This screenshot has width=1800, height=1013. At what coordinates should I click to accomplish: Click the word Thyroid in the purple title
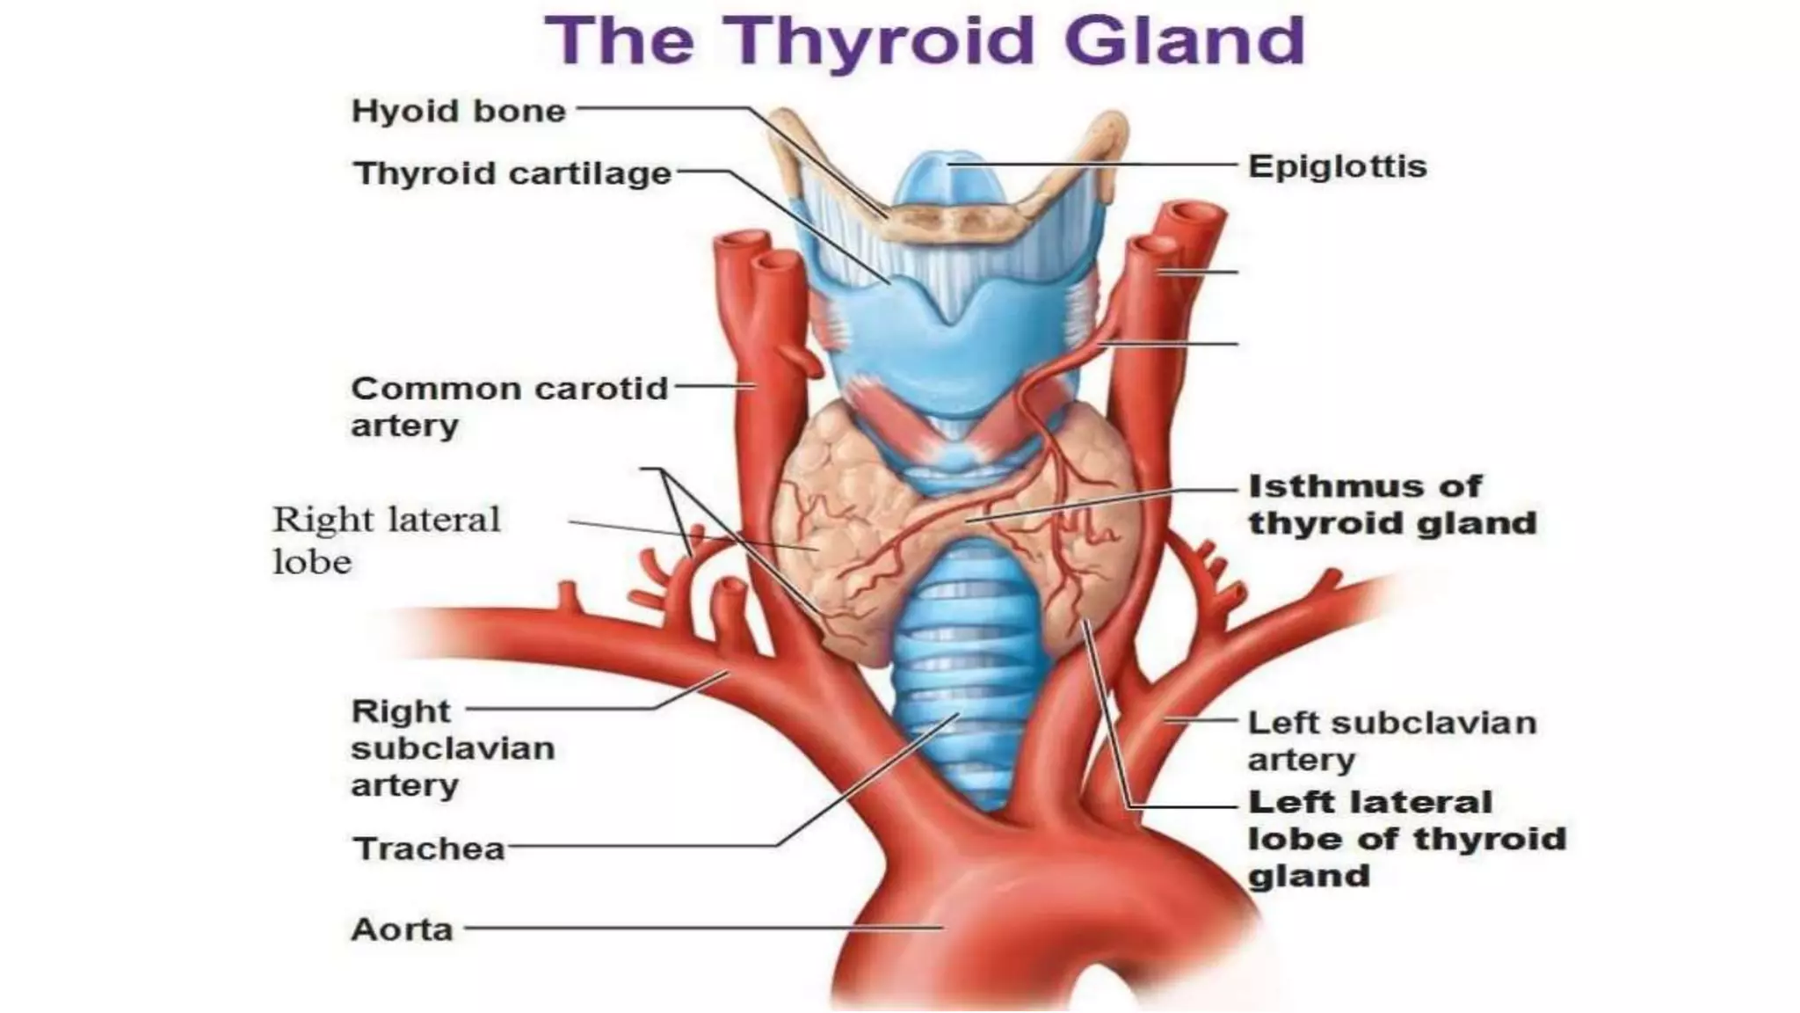click(883, 41)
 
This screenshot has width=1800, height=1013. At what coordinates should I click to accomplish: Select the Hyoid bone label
click(458, 112)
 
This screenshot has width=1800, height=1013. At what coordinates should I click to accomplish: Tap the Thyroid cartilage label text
click(512, 173)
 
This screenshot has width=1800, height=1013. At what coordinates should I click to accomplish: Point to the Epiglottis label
click(1337, 166)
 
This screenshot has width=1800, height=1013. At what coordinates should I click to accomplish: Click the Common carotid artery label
click(509, 406)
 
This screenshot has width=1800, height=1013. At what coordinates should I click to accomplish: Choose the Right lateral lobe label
click(386, 540)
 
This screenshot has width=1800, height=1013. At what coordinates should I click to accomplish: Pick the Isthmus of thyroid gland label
click(1391, 505)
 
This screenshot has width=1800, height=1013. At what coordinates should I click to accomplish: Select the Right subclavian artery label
click(453, 747)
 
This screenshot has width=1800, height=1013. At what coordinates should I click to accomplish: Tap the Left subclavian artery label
click(1391, 740)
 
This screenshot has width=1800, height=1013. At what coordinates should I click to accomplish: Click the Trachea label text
click(429, 849)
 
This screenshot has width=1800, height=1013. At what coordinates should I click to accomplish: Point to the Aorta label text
click(402, 929)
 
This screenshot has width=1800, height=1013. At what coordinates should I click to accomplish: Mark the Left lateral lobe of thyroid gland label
click(1406, 839)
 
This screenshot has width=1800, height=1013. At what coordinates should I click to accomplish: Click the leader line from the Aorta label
click(703, 928)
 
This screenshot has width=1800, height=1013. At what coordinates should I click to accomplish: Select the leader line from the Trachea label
click(642, 847)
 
